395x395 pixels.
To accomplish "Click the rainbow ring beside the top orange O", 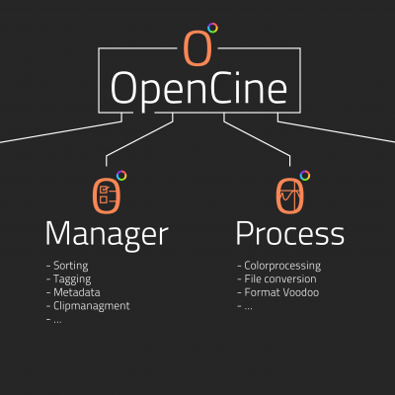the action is tap(212, 28).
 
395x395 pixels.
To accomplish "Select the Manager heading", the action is tap(107, 235).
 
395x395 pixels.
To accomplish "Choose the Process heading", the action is tap(290, 233).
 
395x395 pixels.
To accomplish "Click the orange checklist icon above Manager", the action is tap(107, 197).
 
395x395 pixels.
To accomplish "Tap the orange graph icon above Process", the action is tap(289, 197).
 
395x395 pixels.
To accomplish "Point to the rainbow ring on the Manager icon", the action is tap(121, 176).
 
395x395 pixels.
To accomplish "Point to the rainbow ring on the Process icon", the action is tap(305, 176).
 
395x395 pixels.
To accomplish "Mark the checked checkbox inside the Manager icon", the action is tap(104, 190).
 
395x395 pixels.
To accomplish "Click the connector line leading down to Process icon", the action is tap(257, 138).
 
